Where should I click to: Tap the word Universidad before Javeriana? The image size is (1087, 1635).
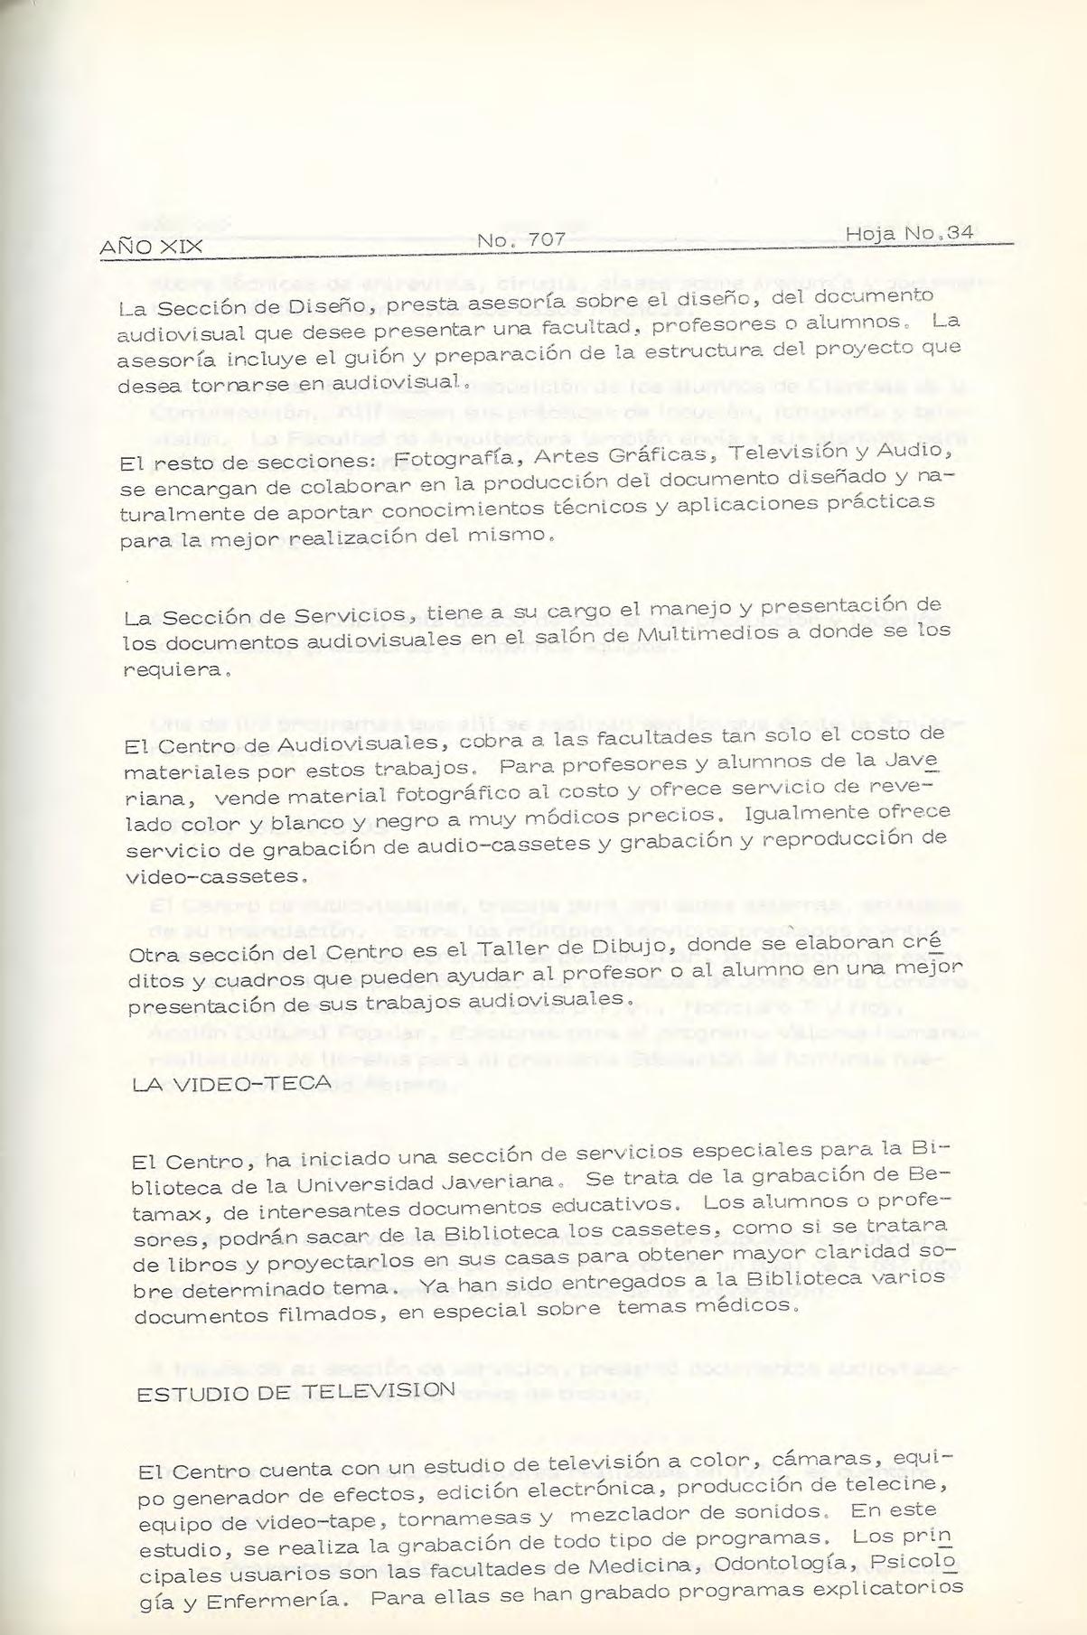352,1182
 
